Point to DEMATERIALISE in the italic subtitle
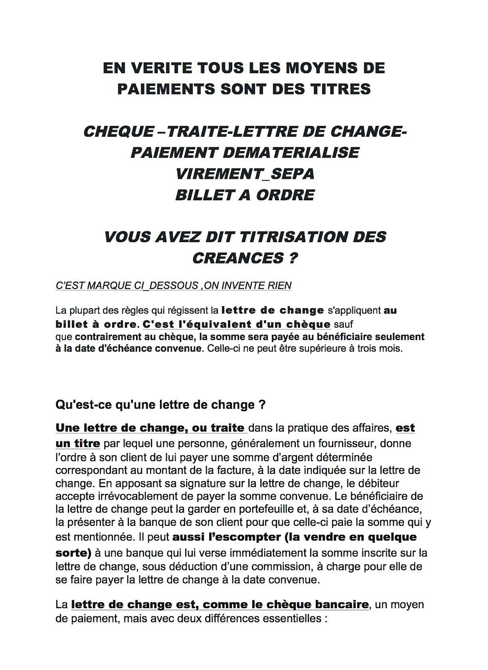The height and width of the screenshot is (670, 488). pyautogui.click(x=291, y=153)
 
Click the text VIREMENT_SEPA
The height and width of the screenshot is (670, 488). pyautogui.click(x=245, y=174)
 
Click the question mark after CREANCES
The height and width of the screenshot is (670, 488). pyautogui.click(x=293, y=258)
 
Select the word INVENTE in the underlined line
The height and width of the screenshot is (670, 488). pyautogui.click(x=245, y=285)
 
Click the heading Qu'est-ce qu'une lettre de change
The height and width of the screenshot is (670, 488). pyautogui.click(x=160, y=405)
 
